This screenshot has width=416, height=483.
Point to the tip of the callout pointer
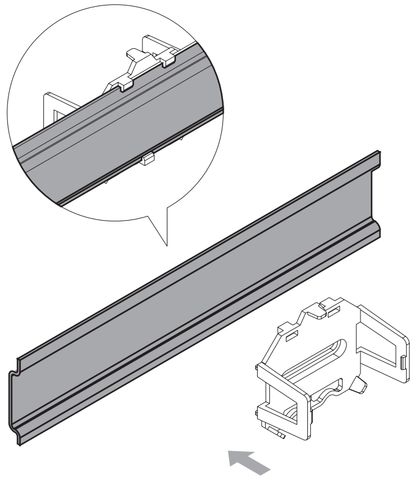[x=166, y=246]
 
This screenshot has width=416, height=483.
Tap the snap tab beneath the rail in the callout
[x=148, y=161]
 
